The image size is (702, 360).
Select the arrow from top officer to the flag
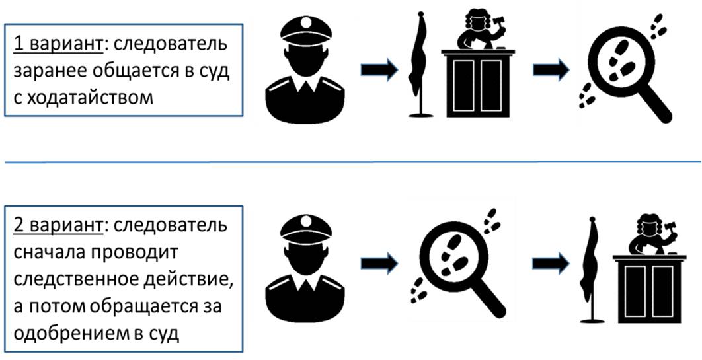coord(379,69)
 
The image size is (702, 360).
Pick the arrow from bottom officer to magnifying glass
coord(379,263)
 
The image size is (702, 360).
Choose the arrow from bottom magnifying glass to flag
coord(551,263)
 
